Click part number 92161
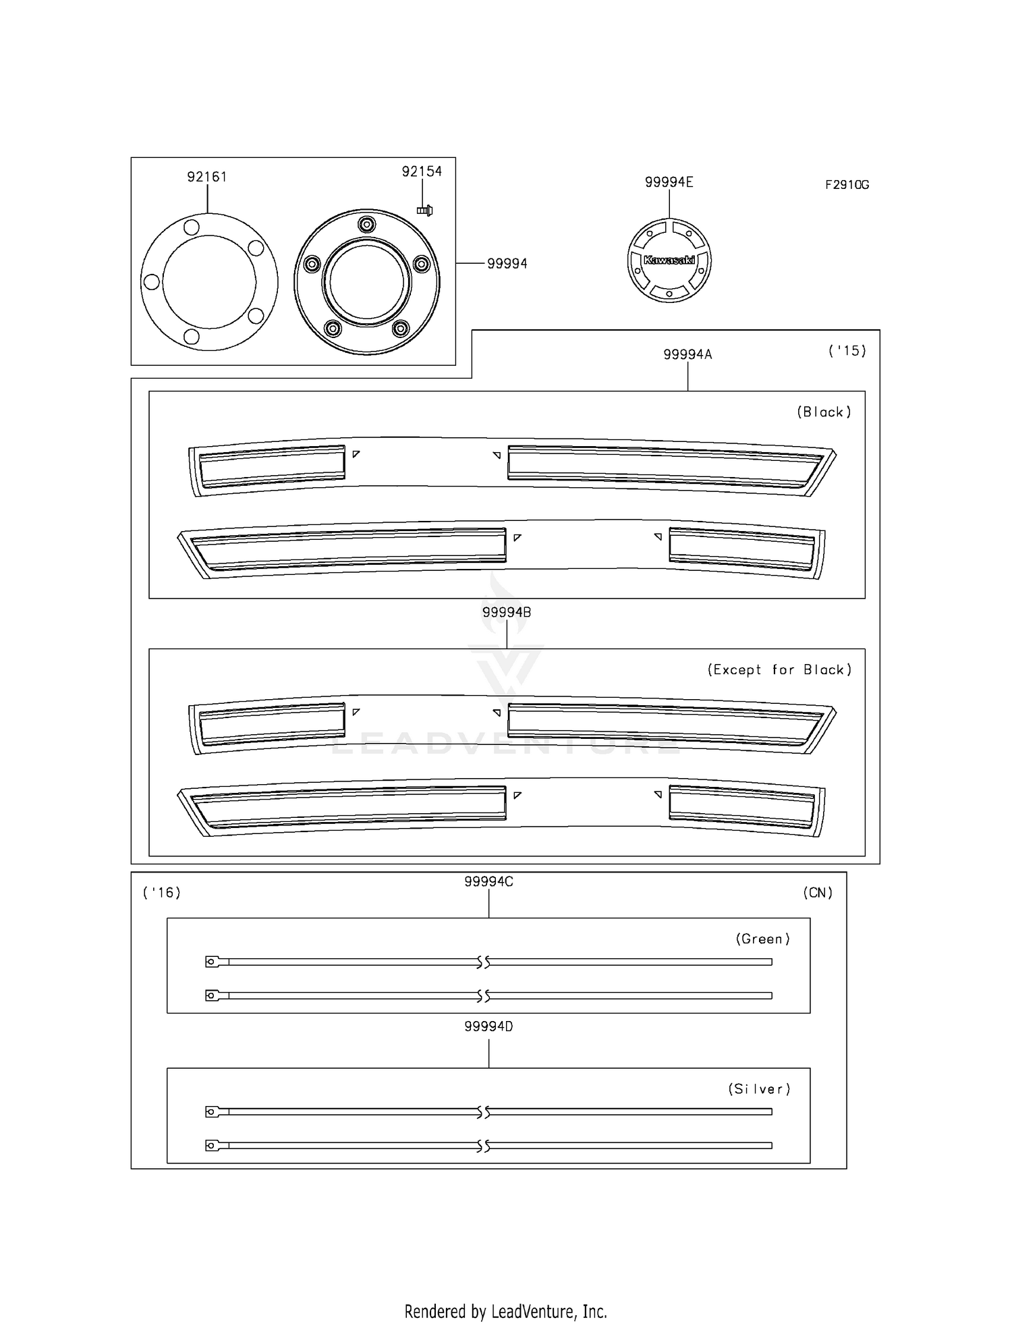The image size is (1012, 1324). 206,177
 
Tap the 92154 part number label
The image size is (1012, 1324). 422,171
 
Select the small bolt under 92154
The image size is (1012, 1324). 424,211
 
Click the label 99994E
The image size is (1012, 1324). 669,182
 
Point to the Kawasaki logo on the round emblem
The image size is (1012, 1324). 669,260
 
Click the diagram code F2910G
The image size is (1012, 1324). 847,185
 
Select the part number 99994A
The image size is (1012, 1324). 687,354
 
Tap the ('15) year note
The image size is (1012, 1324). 847,351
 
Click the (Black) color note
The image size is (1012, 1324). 824,412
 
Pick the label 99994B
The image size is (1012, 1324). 507,612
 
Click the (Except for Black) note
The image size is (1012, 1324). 779,670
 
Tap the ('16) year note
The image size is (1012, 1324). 162,893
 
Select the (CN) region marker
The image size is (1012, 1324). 818,893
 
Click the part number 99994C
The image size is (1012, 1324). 488,882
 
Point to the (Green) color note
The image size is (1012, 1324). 762,939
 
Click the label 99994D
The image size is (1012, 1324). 488,1026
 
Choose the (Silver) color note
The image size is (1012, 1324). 759,1088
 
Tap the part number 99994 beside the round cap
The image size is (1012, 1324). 507,264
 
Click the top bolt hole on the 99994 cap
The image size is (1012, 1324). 366,224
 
